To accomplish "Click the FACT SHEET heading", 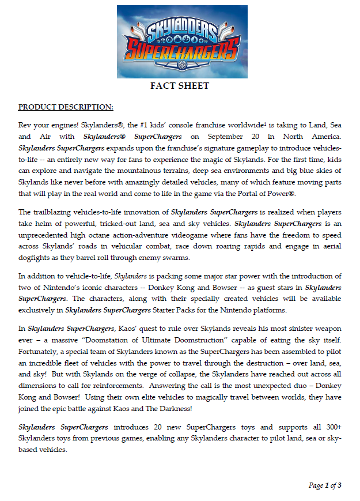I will click(x=179, y=86).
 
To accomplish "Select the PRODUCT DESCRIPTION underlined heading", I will click(x=66, y=107).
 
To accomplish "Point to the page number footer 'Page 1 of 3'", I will click(x=325, y=485).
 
